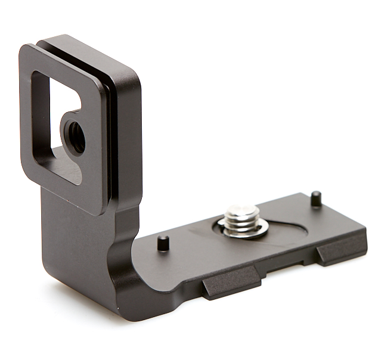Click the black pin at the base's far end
[316, 198]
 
